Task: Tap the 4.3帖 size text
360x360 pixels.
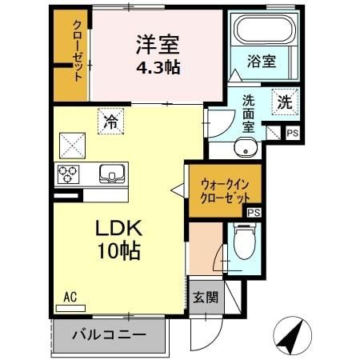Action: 158,67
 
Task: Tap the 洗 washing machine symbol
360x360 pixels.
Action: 285,102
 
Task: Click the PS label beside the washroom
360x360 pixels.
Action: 292,134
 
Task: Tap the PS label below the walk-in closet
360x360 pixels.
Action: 254,212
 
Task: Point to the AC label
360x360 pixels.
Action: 70,297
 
